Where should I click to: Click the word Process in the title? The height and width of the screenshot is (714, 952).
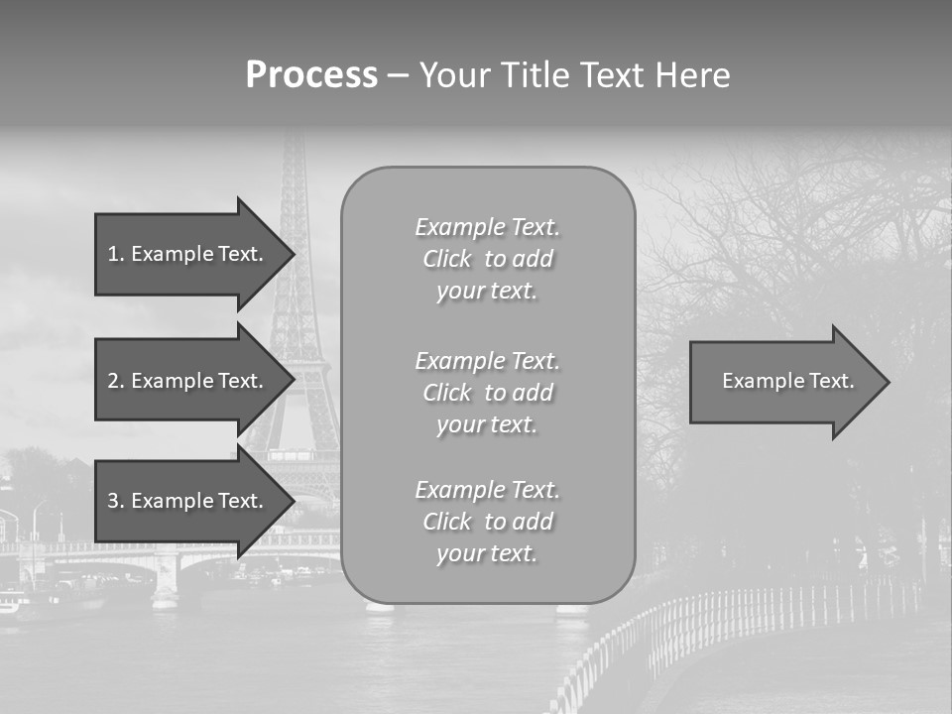[x=311, y=75]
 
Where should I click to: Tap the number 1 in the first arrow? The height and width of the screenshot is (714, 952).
[x=112, y=254]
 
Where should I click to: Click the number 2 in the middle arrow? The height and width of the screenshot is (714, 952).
[x=112, y=381]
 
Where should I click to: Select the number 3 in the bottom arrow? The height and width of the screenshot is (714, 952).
[x=112, y=501]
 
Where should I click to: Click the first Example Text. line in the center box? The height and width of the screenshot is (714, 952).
[x=487, y=227]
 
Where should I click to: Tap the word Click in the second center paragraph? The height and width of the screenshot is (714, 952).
[x=446, y=393]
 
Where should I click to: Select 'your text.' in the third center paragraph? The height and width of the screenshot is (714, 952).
[x=487, y=553]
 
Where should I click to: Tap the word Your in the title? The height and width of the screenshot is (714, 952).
[x=453, y=75]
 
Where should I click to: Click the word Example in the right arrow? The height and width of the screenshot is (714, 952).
[x=759, y=381]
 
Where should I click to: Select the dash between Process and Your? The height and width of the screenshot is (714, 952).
[x=398, y=75]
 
